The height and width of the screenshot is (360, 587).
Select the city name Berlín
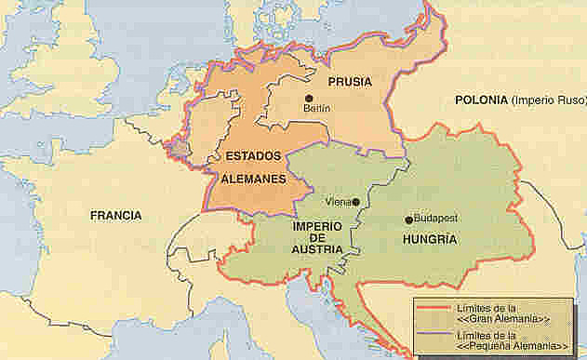pos(317,109)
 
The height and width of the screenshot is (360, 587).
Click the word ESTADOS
pos(247,155)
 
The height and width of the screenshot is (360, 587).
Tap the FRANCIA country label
pos(116,216)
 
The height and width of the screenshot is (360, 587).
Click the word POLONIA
pos(481,100)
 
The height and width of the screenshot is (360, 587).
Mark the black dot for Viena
pos(355,200)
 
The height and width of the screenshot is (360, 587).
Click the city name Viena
pos(336,201)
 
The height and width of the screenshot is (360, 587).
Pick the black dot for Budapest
pos(407,220)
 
